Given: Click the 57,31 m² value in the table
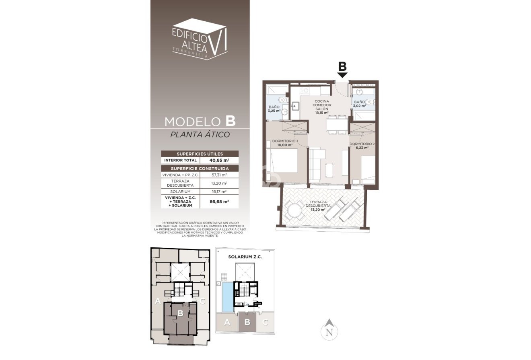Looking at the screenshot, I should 219,175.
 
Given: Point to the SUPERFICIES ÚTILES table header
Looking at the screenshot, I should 200,154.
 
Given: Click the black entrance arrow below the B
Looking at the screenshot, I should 342,75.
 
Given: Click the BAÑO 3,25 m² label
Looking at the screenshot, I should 275,109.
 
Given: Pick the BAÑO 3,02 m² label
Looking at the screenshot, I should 359,104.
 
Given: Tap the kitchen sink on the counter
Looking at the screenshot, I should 295,106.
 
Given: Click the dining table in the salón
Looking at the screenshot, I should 336,124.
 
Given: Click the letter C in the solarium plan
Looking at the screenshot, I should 265,322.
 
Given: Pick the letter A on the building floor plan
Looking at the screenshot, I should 158,300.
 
